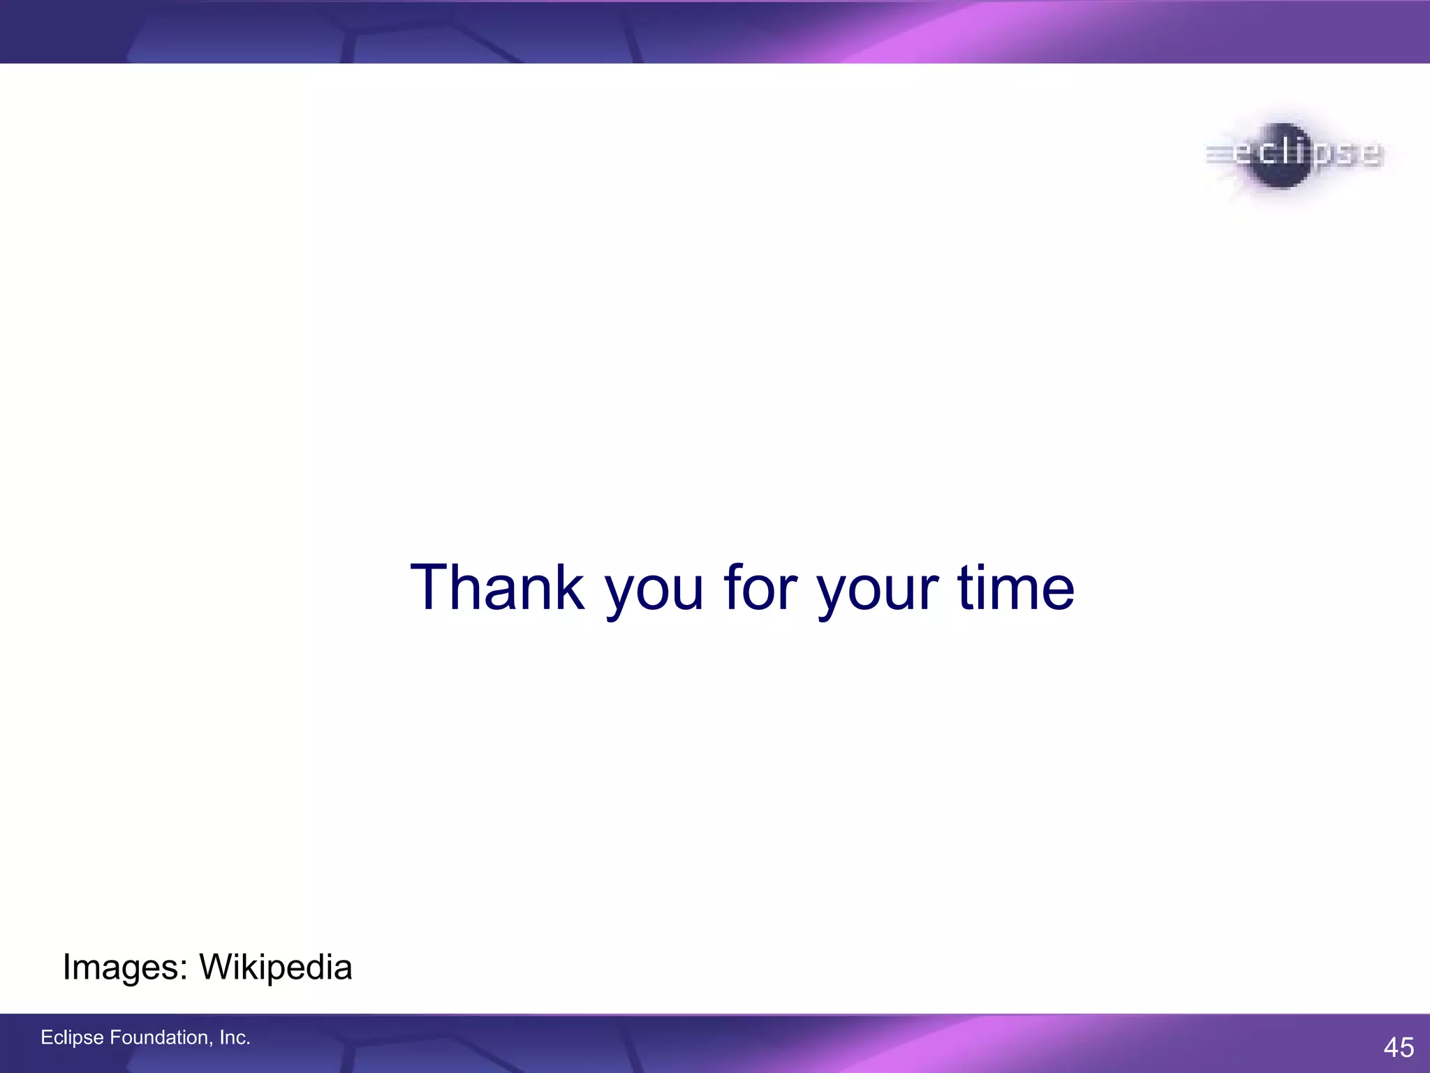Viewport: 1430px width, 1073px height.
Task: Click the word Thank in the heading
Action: pyautogui.click(x=496, y=588)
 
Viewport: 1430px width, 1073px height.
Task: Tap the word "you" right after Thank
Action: pyautogui.click(x=654, y=594)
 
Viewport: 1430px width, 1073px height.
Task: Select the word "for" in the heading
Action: pyautogui.click(x=760, y=588)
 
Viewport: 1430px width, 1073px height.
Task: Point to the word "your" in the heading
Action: pyautogui.click(x=878, y=594)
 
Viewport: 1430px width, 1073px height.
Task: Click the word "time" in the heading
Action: pyautogui.click(x=1015, y=588)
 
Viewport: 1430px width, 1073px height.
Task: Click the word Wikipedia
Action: pyautogui.click(x=275, y=968)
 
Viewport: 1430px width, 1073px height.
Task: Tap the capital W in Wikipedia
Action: pyautogui.click(x=216, y=968)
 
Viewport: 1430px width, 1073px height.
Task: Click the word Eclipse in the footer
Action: pyautogui.click(x=72, y=1038)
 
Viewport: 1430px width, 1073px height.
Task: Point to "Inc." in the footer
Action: pyautogui.click(x=235, y=1038)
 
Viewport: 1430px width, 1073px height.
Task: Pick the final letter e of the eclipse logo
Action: pyautogui.click(x=1370, y=154)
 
